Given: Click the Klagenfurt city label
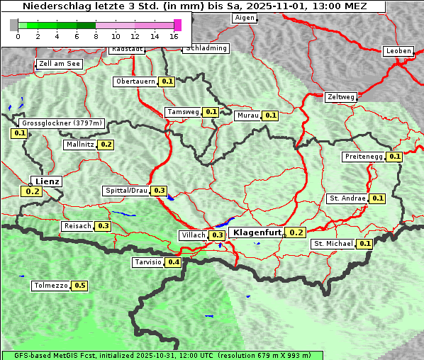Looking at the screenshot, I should click(x=257, y=232).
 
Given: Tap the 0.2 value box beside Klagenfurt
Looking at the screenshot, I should click(x=296, y=232).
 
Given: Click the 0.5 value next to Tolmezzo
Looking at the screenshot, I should click(x=80, y=286).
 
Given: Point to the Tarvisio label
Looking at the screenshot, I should click(x=147, y=262).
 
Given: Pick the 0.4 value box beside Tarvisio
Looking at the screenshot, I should click(x=173, y=262).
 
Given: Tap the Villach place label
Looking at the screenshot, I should click(x=193, y=235).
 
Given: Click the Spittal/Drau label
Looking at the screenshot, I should click(x=125, y=191).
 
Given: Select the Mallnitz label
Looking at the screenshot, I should click(x=79, y=145).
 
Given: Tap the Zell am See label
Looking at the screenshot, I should click(x=60, y=64).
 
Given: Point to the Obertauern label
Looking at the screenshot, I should click(x=135, y=81).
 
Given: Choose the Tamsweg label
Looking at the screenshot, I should click(x=183, y=112).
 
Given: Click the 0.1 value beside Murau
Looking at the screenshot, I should click(x=270, y=116).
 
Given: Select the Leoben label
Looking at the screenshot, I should click(x=398, y=51).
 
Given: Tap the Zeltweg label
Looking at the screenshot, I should click(x=340, y=97).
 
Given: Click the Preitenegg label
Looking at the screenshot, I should click(x=364, y=157).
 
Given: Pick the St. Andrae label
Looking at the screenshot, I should click(x=347, y=198).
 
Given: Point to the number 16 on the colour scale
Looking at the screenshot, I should click(x=174, y=36).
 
